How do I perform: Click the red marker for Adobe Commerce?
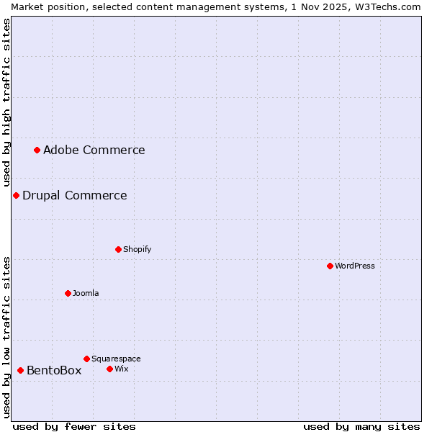[x=37, y=150]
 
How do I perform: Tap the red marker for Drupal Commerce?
[x=16, y=195]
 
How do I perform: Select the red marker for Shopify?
[x=118, y=249]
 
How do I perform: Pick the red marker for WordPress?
[x=330, y=266]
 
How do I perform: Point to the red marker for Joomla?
[x=68, y=293]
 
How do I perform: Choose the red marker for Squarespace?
[x=86, y=359]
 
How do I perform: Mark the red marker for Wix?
[x=109, y=369]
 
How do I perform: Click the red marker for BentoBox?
[x=20, y=370]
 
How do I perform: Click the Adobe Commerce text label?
[x=94, y=150]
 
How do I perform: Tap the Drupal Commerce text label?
[x=74, y=195]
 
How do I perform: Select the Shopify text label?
[x=137, y=249]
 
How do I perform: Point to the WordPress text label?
[x=354, y=266]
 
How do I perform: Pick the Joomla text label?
[x=86, y=293]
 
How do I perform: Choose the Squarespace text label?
[x=116, y=359]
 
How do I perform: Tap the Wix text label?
[x=121, y=369]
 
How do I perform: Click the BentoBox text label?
[x=54, y=370]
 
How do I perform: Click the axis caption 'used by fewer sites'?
[x=74, y=426]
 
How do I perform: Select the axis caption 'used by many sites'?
[x=361, y=426]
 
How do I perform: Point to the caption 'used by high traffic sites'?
[x=6, y=102]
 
